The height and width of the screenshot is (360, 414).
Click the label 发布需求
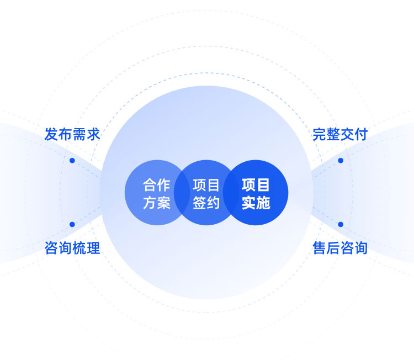(72, 134)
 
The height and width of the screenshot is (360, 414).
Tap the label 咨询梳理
(72, 248)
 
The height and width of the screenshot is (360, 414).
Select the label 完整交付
(340, 134)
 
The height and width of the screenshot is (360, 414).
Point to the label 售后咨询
(340, 248)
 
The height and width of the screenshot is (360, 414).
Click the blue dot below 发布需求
(72, 160)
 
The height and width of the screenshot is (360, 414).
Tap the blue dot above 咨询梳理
(72, 224)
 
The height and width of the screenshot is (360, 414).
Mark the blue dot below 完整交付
(341, 160)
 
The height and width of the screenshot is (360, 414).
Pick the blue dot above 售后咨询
(341, 224)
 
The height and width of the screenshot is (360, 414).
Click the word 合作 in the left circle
(157, 185)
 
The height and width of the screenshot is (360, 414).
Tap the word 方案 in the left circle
(157, 203)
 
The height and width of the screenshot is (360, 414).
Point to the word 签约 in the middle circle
(206, 203)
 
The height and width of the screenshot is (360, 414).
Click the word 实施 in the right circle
(256, 203)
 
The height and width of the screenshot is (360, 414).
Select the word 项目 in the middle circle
(206, 185)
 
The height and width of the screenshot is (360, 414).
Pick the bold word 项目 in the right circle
(256, 185)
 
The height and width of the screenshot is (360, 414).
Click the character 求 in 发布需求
(93, 134)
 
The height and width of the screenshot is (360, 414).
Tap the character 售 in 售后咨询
(320, 248)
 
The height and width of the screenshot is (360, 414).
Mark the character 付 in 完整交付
(361, 134)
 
